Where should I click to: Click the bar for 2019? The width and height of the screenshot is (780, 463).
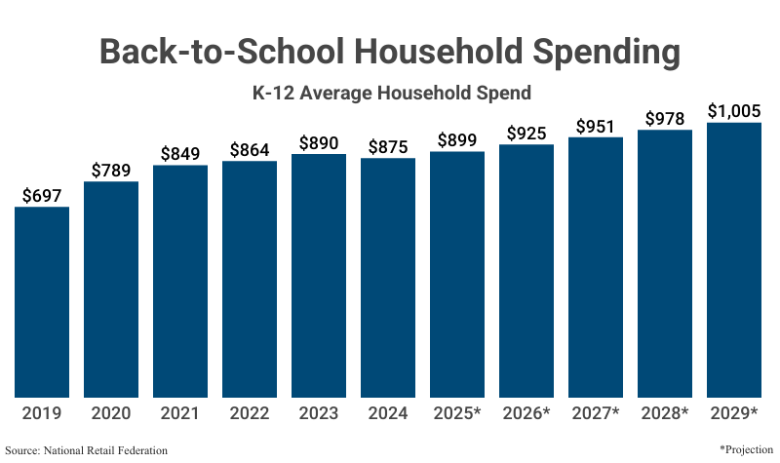pyautogui.click(x=42, y=302)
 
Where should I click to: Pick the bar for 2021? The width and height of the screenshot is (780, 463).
pyautogui.click(x=180, y=282)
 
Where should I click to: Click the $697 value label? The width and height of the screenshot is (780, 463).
pyautogui.click(x=42, y=196)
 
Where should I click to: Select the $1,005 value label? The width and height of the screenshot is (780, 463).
pyautogui.click(x=734, y=111)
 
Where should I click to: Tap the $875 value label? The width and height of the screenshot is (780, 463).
pyautogui.click(x=388, y=147)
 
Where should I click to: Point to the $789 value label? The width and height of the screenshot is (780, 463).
pyautogui.click(x=111, y=171)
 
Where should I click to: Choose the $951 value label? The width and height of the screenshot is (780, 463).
pyautogui.click(x=596, y=127)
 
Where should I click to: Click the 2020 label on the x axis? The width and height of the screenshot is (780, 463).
pyautogui.click(x=111, y=413)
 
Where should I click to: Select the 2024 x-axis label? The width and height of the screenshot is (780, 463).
pyautogui.click(x=388, y=413)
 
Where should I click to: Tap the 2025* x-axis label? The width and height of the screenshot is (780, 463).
pyautogui.click(x=457, y=413)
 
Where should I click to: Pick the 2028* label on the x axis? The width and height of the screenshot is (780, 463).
pyautogui.click(x=665, y=413)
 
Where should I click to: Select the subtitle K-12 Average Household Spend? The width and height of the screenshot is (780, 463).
pyautogui.click(x=391, y=94)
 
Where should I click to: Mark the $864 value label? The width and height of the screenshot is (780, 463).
pyautogui.click(x=250, y=150)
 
